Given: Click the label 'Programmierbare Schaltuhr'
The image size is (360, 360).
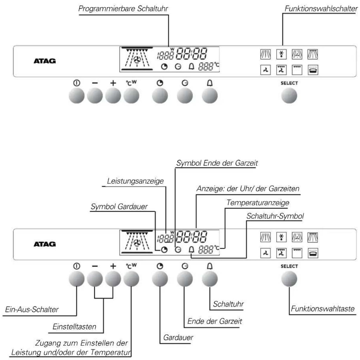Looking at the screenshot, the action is pyautogui.click(x=123, y=9).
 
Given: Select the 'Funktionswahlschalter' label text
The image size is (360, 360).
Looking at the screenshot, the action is pyautogui.click(x=321, y=9).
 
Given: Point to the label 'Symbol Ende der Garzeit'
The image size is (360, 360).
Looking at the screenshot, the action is pyautogui.click(x=217, y=163).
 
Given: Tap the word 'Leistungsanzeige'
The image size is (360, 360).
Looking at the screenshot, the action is pyautogui.click(x=135, y=181).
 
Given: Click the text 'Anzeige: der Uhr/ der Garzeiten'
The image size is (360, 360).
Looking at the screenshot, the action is pyautogui.click(x=248, y=189).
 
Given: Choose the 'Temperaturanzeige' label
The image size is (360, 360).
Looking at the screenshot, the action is pyautogui.click(x=258, y=203).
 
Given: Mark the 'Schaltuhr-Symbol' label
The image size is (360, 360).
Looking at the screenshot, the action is pyautogui.click(x=275, y=216).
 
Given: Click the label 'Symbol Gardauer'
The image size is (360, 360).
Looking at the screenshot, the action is pyautogui.click(x=119, y=207).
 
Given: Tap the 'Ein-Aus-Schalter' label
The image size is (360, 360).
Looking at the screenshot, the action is pyautogui.click(x=32, y=310).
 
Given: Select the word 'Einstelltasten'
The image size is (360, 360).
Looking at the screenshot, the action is pyautogui.click(x=74, y=327).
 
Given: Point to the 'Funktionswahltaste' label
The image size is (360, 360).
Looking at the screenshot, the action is pyautogui.click(x=323, y=309).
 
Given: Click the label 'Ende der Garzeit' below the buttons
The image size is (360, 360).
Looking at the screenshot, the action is pyautogui.click(x=215, y=321).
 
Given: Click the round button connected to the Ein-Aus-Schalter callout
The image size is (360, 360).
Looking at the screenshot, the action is pyautogui.click(x=77, y=279).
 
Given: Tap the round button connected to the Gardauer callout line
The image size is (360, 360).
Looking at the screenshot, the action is pyautogui.click(x=160, y=279).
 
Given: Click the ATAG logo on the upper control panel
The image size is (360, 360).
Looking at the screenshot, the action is pyautogui.click(x=45, y=61).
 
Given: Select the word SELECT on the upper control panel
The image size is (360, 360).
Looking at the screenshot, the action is pyautogui.click(x=289, y=83).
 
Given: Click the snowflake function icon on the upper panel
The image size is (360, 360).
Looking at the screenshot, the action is pyautogui.click(x=281, y=54).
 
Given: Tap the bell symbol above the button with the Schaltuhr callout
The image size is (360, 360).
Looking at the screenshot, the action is pyautogui.click(x=210, y=266).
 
